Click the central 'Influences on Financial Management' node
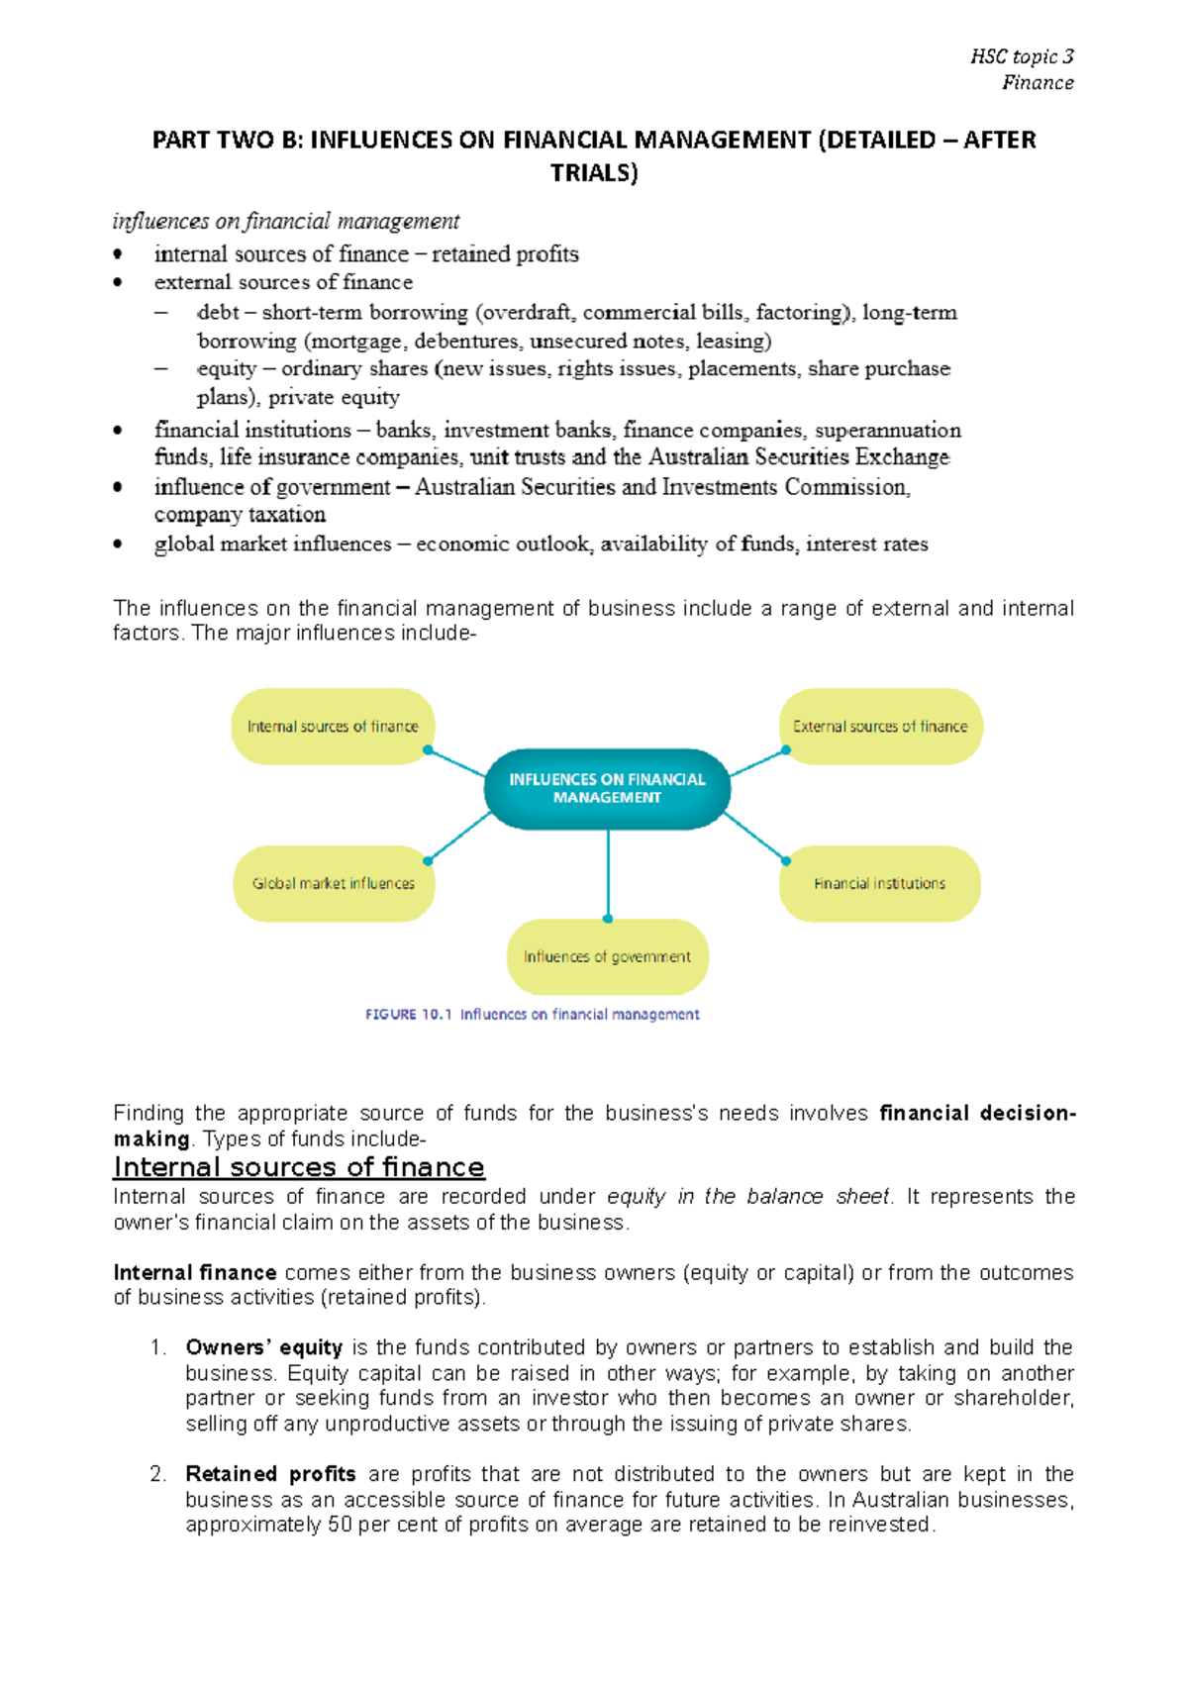click(x=607, y=788)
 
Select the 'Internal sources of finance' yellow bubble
click(x=333, y=727)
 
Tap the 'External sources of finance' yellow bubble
click(x=880, y=727)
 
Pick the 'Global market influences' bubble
click(x=334, y=883)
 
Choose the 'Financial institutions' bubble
click(x=879, y=883)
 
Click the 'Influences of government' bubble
click(x=607, y=956)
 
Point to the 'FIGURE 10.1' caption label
click(x=408, y=1015)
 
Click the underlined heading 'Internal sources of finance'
click(x=299, y=1167)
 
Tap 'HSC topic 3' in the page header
click(x=1022, y=56)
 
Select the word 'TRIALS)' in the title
click(x=594, y=173)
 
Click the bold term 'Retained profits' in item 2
click(x=270, y=1474)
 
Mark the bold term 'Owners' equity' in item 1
click(x=263, y=1347)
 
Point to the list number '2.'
click(x=158, y=1474)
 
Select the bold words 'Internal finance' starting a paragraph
click(x=194, y=1272)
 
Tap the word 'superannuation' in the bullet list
click(x=887, y=430)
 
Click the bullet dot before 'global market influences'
click(x=118, y=544)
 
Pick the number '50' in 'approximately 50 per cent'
click(x=340, y=1525)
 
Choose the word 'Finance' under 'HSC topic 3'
click(x=1038, y=83)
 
